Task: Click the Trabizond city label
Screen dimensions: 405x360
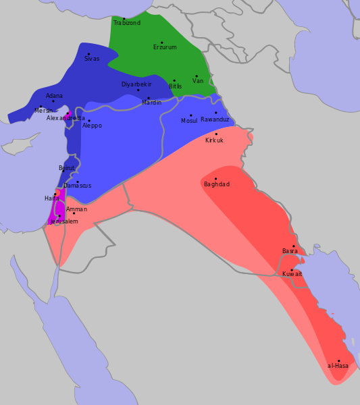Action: pyautogui.click(x=127, y=23)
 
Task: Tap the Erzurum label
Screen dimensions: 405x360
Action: pyautogui.click(x=165, y=47)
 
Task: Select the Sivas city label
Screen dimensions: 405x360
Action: pyautogui.click(x=92, y=59)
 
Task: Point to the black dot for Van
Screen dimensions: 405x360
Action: pyautogui.click(x=197, y=76)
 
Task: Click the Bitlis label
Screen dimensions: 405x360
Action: pyautogui.click(x=176, y=86)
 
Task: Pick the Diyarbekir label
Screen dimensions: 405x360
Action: pyautogui.click(x=136, y=84)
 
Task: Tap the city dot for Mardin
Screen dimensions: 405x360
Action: pyautogui.click(x=149, y=98)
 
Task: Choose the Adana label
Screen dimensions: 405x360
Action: pyautogui.click(x=54, y=96)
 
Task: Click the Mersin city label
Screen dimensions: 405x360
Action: pyautogui.click(x=43, y=110)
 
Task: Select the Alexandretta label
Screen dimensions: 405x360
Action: pyautogui.click(x=66, y=118)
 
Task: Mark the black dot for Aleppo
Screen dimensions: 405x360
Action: pyautogui.click(x=88, y=121)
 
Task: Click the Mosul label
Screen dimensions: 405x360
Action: pyautogui.click(x=189, y=120)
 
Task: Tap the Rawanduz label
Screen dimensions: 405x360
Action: pyautogui.click(x=215, y=119)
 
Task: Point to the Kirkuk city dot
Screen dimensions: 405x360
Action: pyautogui.click(x=216, y=134)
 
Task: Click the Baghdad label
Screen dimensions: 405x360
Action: pyautogui.click(x=217, y=184)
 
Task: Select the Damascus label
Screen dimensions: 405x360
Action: pyautogui.click(x=78, y=186)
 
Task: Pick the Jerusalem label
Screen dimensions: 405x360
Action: pyautogui.click(x=64, y=221)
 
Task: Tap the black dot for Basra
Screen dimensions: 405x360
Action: pyautogui.click(x=294, y=246)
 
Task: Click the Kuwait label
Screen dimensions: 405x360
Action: pyautogui.click(x=292, y=274)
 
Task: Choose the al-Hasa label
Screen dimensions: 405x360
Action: pyautogui.click(x=338, y=366)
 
